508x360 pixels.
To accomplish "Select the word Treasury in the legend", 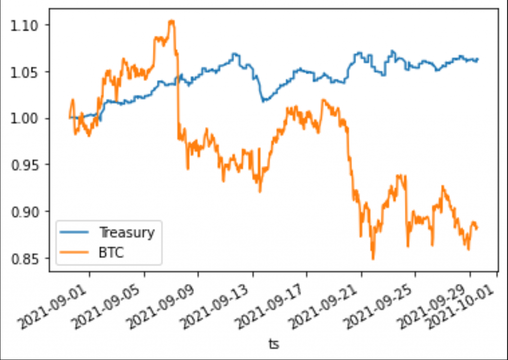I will pyautogui.click(x=127, y=232).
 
